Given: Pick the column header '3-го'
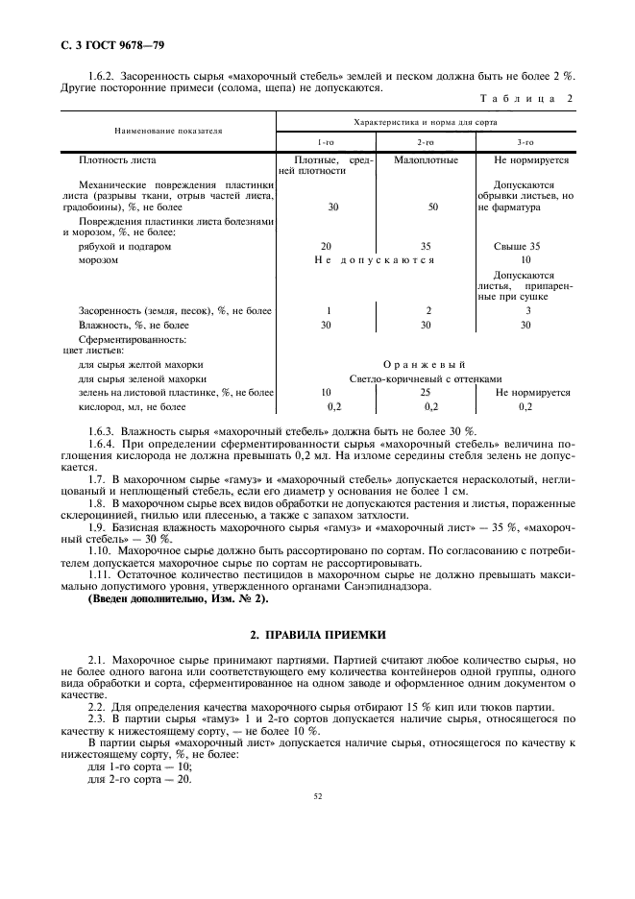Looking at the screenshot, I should pos(525,140).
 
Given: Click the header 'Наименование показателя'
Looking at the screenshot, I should pos(168,129).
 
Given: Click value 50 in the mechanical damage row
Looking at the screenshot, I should pos(432,207).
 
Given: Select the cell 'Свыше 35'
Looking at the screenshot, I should pos(525,246).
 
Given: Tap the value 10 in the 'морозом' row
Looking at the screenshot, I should pos(525,259).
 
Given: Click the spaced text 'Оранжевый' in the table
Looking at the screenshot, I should pos(425,364).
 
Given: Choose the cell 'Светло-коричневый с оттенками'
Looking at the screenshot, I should pos(425,378).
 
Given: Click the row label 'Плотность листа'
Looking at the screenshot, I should pos(117,159).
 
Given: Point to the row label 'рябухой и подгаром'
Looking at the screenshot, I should pos(125,246).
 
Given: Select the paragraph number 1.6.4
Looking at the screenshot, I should pos(102,445).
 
